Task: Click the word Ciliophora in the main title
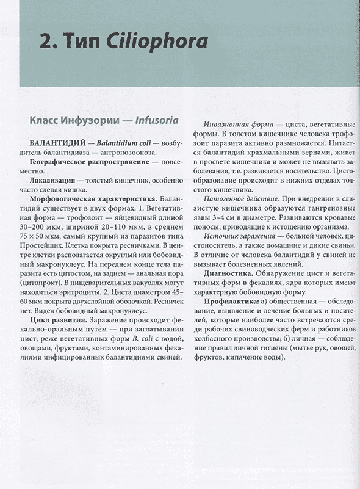click(157, 42)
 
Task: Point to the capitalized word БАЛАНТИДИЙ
click(49, 143)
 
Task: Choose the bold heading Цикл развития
click(59, 321)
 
